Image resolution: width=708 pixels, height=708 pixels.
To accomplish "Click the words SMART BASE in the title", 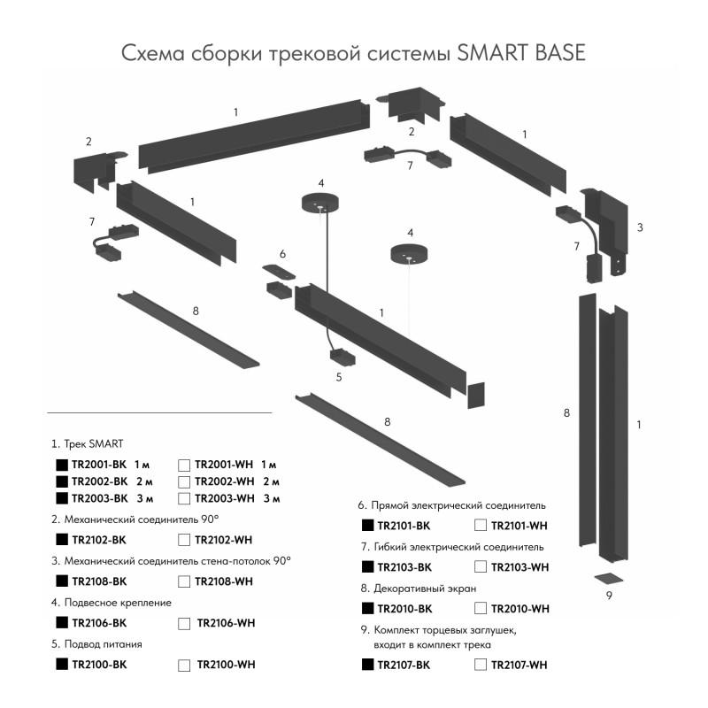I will pyautogui.click(x=521, y=53).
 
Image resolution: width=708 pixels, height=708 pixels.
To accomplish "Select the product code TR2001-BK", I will pyautogui.click(x=100, y=465).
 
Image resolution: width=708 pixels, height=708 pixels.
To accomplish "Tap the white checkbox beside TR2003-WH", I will pyautogui.click(x=184, y=498).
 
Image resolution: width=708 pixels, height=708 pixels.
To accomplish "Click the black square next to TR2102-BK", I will pyautogui.click(x=62, y=539).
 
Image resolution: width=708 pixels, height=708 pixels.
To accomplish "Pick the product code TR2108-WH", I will pyautogui.click(x=224, y=581).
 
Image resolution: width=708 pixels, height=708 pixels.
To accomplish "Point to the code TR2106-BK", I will pyautogui.click(x=100, y=623).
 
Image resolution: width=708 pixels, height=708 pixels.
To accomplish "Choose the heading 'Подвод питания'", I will pyautogui.click(x=96, y=643).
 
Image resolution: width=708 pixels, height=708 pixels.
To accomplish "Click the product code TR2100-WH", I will pyautogui.click(x=226, y=665).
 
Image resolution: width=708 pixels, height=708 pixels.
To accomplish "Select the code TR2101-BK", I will pyautogui.click(x=404, y=526).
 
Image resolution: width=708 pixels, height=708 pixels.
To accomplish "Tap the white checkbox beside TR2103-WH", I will pyautogui.click(x=481, y=566).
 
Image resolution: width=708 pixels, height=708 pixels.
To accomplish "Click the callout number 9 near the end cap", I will pyautogui.click(x=609, y=596).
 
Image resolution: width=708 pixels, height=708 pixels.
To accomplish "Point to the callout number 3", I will pyautogui.click(x=639, y=227).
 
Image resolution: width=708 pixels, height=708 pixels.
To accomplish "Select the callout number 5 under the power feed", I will pyautogui.click(x=338, y=377).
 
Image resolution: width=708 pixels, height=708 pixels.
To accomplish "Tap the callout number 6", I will pyautogui.click(x=282, y=254).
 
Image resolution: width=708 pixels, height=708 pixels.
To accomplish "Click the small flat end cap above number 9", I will pyautogui.click(x=609, y=578).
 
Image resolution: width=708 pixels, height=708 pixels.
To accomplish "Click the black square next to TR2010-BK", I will pyautogui.click(x=368, y=608).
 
